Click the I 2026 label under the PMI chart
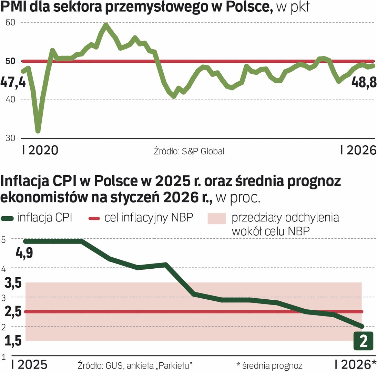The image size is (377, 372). click(x=357, y=150)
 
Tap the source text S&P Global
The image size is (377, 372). click(x=189, y=151)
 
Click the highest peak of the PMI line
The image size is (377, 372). click(x=106, y=25)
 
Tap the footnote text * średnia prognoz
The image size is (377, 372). click(x=269, y=365)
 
